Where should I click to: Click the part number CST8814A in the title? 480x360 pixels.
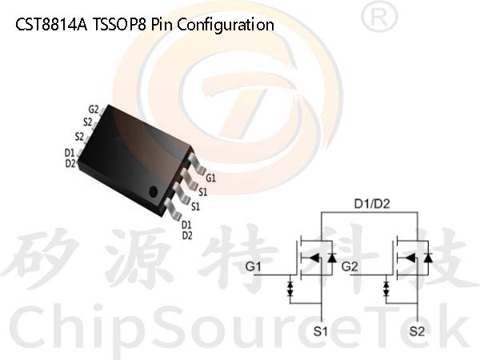click(51, 25)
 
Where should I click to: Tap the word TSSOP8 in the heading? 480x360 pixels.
click(119, 25)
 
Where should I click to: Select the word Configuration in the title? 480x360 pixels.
click(226, 25)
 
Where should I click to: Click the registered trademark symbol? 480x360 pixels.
click(379, 16)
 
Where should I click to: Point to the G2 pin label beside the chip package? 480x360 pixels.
click(94, 110)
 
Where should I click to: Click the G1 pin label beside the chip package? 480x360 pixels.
click(210, 178)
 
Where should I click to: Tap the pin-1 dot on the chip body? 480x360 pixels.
click(153, 192)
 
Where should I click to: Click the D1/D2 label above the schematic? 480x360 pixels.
click(372, 204)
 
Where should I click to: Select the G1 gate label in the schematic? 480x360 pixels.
click(253, 266)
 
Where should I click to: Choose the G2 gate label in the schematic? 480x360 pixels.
click(350, 266)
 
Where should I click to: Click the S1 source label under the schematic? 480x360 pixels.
click(321, 331)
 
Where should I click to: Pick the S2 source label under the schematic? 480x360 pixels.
click(417, 331)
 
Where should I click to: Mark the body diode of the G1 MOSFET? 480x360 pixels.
click(332, 258)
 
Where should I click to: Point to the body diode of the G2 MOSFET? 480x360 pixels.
click(428, 258)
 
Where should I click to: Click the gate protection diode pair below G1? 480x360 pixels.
click(290, 289)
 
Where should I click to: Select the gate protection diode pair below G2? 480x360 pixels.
click(386, 289)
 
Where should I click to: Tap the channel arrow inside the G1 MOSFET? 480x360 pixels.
click(313, 258)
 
